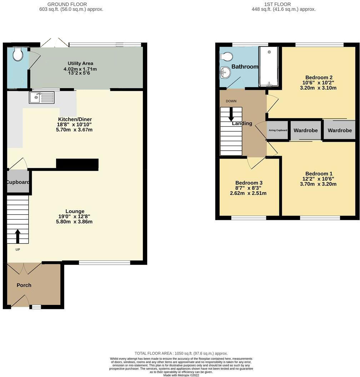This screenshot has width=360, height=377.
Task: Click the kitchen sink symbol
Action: pos(42,97)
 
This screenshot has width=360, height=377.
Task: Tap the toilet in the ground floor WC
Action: pos(17,55)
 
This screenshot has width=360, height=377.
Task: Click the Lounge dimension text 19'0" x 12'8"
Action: pos(75,216)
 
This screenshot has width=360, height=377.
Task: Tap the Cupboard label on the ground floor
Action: pos(18,182)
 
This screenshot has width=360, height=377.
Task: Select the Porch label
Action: pos(24,285)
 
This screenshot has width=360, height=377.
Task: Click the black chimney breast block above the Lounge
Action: pos(77,164)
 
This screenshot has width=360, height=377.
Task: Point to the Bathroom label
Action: pos(245,67)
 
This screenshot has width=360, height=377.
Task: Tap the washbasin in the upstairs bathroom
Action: pos(225,72)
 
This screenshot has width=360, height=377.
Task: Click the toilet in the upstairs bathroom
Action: pos(226,56)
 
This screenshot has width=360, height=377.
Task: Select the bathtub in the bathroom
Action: pos(269,67)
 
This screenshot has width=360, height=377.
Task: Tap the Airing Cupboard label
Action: pos(278,130)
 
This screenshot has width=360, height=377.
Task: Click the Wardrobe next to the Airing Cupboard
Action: pos(305,131)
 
